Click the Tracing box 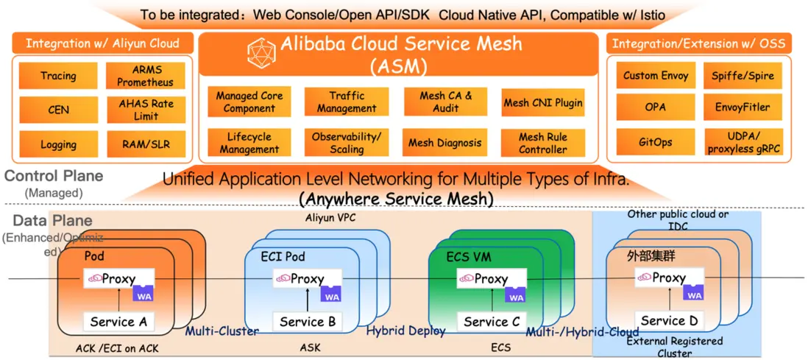coord(58,76)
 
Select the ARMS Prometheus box coord(146,76)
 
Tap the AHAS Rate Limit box coord(146,110)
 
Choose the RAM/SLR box coord(146,144)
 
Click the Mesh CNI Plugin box coord(543,103)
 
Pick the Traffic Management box coord(347,102)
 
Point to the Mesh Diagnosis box coord(445,142)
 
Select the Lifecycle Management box coord(249,143)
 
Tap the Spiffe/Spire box coord(743,76)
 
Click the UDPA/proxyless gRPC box coord(743,143)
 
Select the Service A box coord(118,322)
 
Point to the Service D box coord(669,321)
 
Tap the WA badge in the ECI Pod coord(332,294)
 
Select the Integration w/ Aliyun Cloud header coord(102,43)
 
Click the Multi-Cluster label coord(222,331)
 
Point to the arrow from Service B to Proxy coord(307,300)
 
